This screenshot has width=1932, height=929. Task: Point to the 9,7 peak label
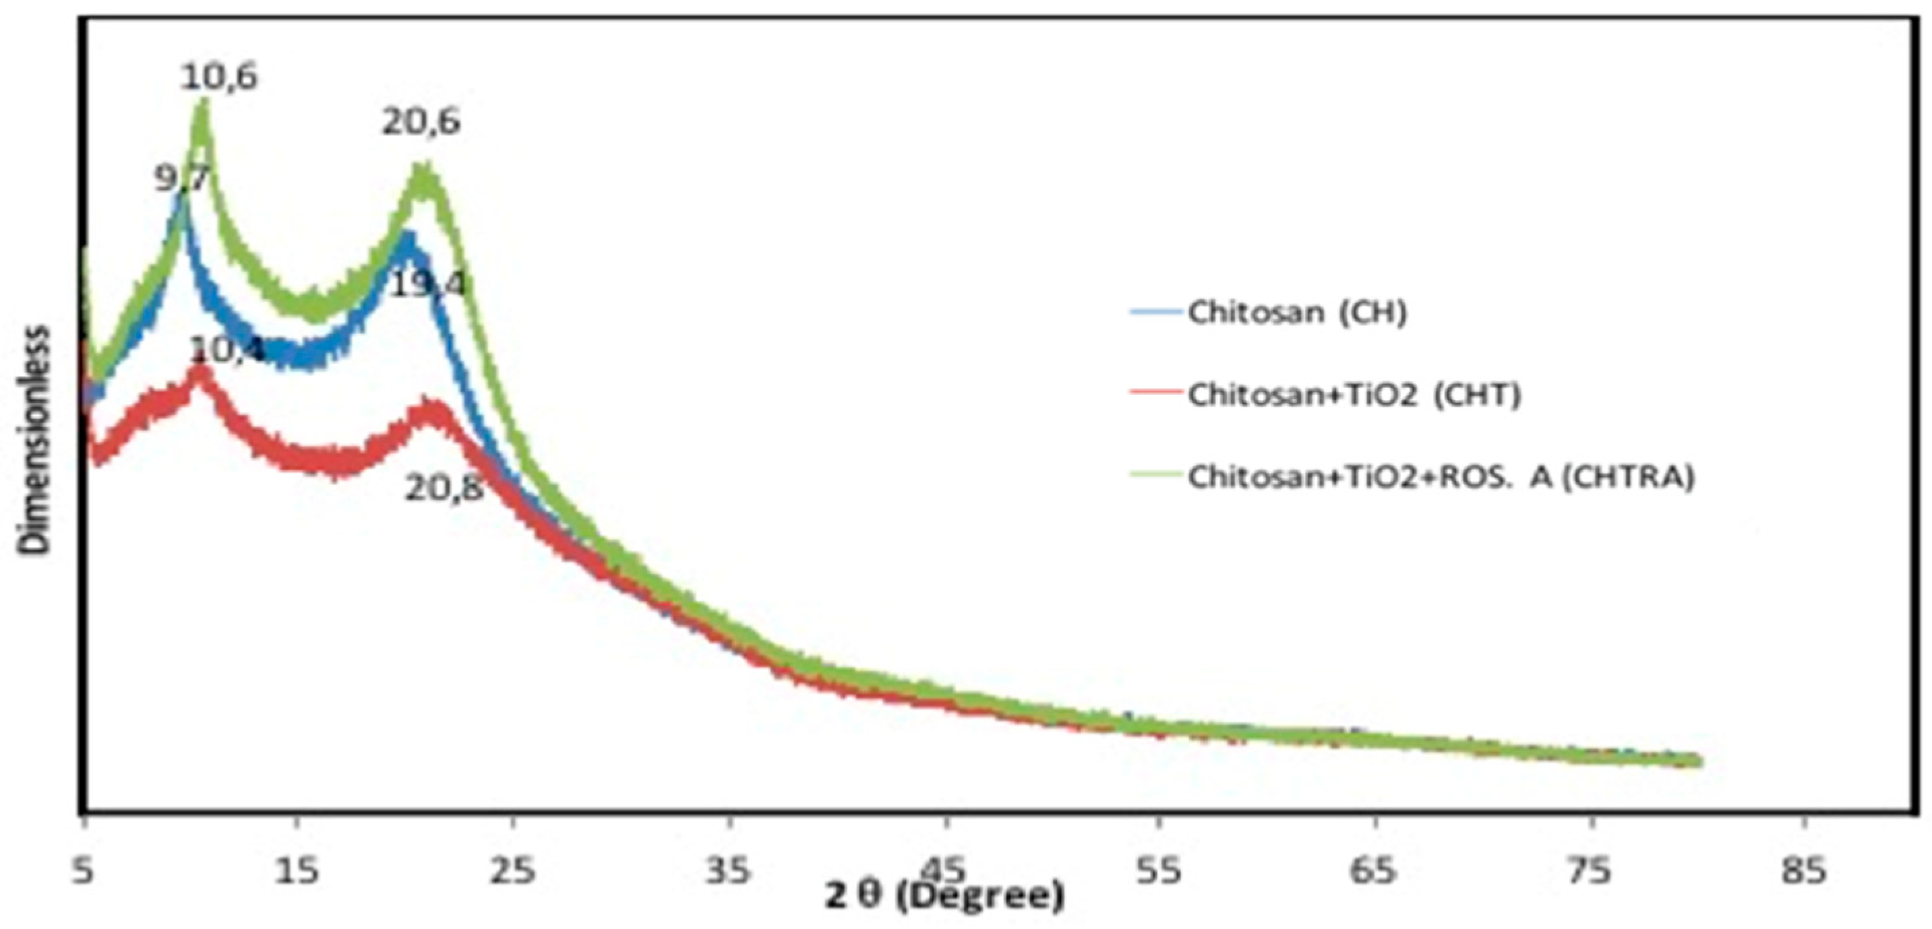tap(183, 180)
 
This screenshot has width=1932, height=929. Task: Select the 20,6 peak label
tap(421, 122)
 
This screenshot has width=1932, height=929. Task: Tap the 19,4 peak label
tap(429, 284)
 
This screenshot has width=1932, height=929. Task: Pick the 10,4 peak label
tap(227, 349)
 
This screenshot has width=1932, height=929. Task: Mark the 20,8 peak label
tap(444, 490)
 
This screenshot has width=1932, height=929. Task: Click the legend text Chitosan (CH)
tap(1297, 312)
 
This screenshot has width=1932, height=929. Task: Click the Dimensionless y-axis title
tap(34, 440)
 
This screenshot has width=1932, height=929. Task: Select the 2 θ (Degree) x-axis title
tap(944, 897)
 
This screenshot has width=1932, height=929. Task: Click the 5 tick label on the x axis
tap(85, 871)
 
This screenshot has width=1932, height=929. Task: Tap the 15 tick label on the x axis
tap(298, 871)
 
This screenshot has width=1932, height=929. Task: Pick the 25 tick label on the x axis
tap(513, 871)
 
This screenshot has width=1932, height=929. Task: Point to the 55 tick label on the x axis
tap(1159, 871)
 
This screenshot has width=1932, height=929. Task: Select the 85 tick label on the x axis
tap(1805, 871)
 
